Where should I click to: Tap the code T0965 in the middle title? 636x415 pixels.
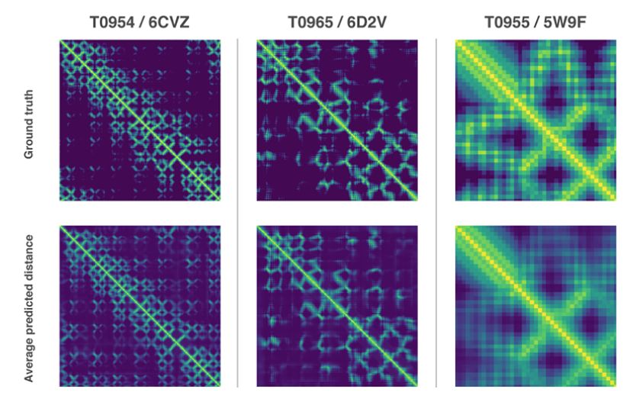(x=310, y=22)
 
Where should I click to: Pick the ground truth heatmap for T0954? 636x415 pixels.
(x=140, y=120)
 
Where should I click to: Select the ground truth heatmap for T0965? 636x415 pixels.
(x=338, y=120)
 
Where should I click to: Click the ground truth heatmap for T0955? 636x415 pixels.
(x=536, y=120)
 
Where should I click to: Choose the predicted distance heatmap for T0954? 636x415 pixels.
(x=140, y=306)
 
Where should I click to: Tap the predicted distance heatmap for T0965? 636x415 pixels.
(x=338, y=306)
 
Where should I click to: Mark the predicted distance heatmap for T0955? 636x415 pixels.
(x=536, y=306)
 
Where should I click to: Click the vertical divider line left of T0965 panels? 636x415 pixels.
(x=239, y=214)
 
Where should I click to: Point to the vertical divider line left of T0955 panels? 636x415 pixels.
(x=436, y=214)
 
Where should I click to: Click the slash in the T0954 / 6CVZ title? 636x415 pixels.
(x=143, y=22)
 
